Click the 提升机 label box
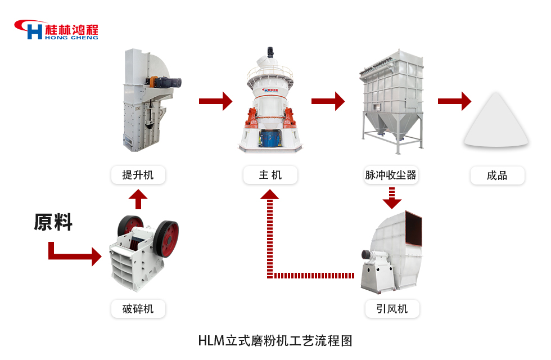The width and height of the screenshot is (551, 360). [x=138, y=175]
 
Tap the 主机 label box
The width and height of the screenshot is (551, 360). [x=270, y=175]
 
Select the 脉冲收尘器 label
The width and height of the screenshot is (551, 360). [x=391, y=175]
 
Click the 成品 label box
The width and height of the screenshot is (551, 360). [x=497, y=175]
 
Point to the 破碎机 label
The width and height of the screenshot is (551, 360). [x=138, y=309]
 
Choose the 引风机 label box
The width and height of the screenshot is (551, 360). [x=391, y=309]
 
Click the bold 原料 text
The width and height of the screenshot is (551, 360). [x=53, y=222]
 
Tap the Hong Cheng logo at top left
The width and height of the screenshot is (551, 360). [x=56, y=30]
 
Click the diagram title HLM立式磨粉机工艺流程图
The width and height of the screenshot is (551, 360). [x=275, y=340]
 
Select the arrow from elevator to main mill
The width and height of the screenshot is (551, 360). [x=215, y=101]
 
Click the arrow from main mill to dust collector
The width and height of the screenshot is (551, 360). [x=328, y=101]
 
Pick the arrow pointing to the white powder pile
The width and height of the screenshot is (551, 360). [x=454, y=101]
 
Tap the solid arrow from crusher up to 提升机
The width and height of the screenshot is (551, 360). [x=138, y=199]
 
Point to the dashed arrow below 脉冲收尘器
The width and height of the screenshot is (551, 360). [x=391, y=197]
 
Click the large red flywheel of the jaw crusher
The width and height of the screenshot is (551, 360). [x=167, y=238]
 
